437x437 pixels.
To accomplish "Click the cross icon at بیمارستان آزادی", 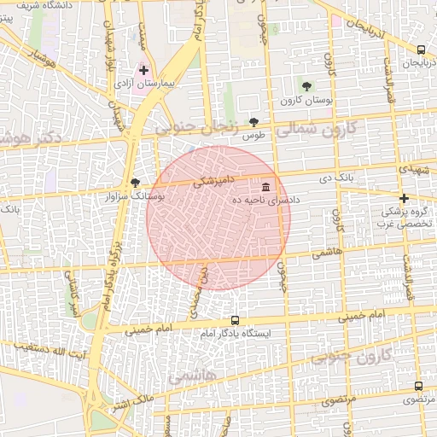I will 143,71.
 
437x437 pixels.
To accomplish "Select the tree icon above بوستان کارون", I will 306,85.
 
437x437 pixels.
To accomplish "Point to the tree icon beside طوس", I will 253,122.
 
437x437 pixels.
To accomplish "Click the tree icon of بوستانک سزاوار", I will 135,183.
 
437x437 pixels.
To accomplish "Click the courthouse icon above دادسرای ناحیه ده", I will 266,186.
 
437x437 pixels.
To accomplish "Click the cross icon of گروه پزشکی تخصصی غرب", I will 404,198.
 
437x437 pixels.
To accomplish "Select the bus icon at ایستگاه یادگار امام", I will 235,320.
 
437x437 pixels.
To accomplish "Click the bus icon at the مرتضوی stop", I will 418,386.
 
